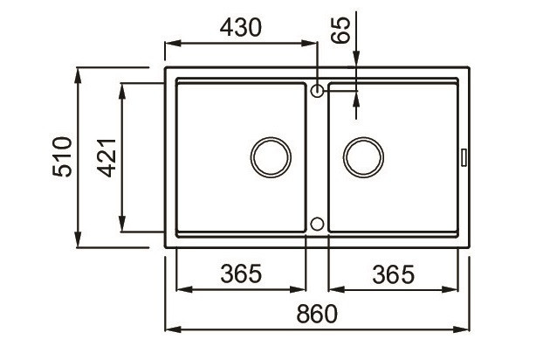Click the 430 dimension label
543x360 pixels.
point(241,28)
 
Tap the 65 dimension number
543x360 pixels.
point(340,30)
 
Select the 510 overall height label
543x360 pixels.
point(62,156)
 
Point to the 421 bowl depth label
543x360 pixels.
point(107,157)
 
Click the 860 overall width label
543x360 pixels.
point(317,314)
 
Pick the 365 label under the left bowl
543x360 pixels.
point(241,273)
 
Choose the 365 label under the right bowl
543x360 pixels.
point(393,274)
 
